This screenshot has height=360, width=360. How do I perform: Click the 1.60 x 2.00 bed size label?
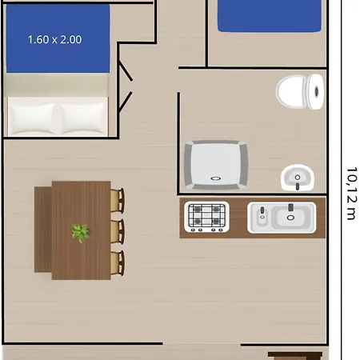click(x=54, y=39)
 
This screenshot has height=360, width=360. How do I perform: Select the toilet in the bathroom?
click(x=300, y=91)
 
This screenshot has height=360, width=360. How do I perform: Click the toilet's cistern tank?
click(x=316, y=91)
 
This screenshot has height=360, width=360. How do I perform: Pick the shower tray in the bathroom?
click(x=216, y=165)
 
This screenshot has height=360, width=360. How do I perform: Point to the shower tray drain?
click(x=215, y=178)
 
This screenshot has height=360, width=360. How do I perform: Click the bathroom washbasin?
click(x=298, y=178)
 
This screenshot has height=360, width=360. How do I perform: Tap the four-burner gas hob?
click(x=206, y=217)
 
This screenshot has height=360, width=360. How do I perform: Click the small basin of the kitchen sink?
click(x=262, y=217)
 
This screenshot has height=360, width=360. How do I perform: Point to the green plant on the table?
click(x=80, y=233)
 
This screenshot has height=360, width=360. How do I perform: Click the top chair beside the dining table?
click(x=118, y=201)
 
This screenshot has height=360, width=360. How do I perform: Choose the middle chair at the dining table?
click(x=118, y=231)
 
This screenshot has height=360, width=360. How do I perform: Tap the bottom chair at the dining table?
click(x=118, y=263)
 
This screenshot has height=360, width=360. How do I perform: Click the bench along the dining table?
click(x=43, y=230)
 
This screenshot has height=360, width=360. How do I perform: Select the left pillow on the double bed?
click(x=32, y=118)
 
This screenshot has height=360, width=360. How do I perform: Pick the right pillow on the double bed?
click(x=82, y=118)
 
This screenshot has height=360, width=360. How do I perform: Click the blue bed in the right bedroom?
click(x=270, y=15)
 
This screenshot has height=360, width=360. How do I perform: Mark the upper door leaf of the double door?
click(x=126, y=70)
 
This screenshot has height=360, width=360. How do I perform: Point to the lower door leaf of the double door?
click(x=126, y=102)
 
